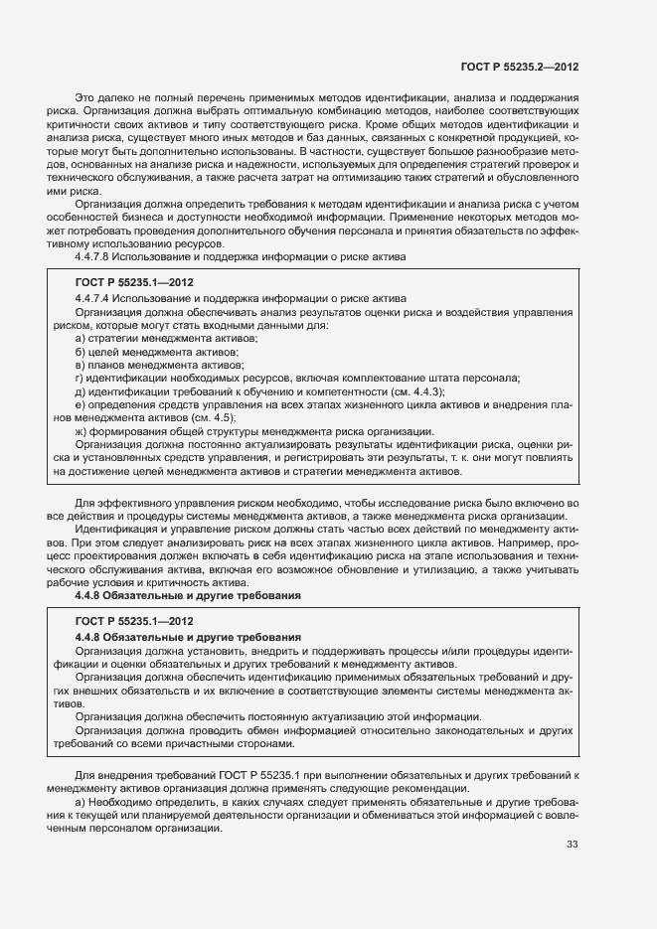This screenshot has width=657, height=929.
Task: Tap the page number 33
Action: coord(572,845)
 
